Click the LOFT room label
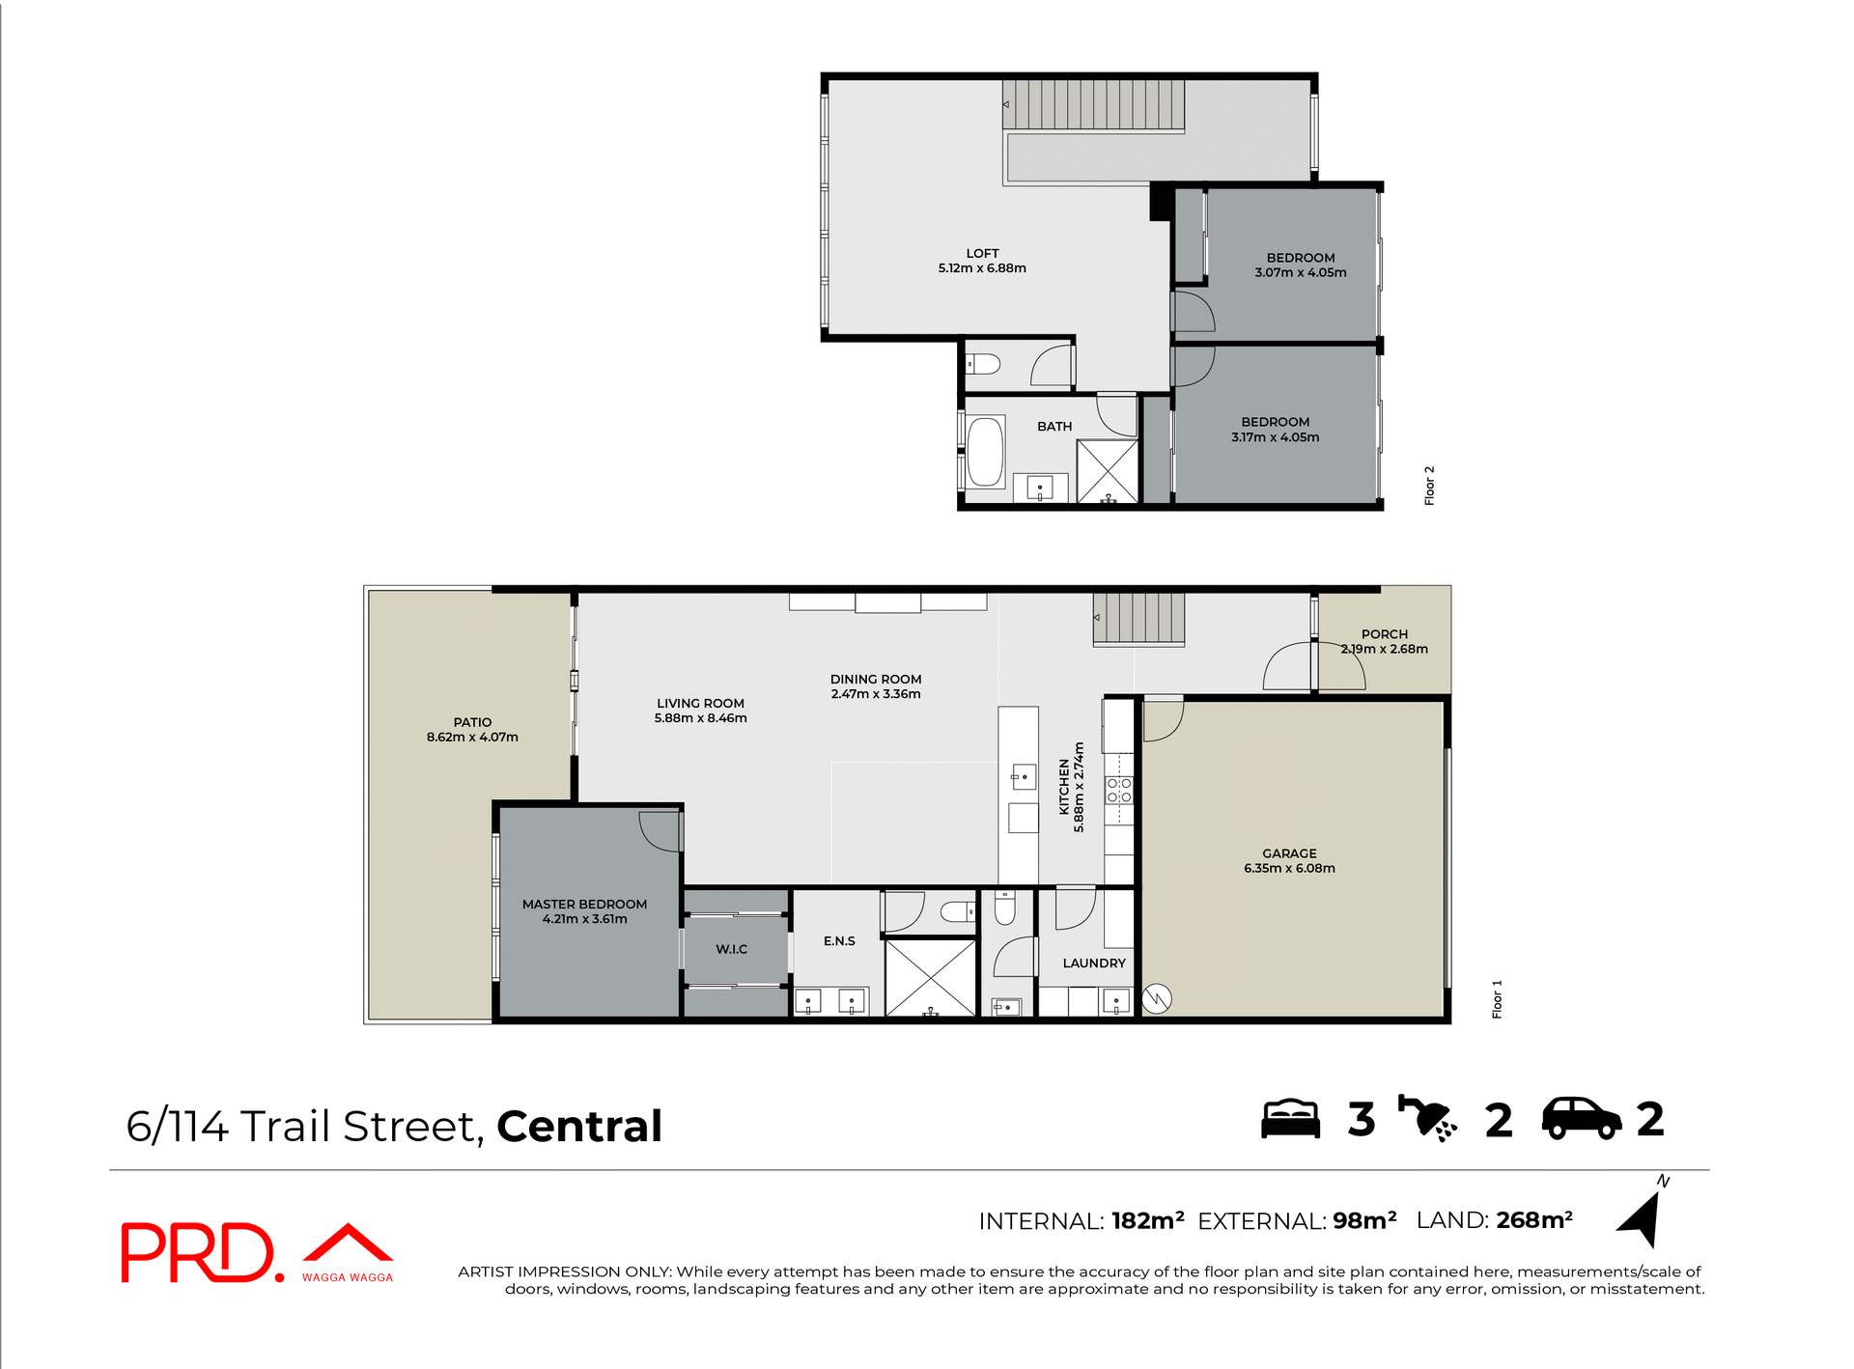(x=982, y=253)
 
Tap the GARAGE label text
(x=1289, y=853)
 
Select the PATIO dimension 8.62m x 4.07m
(x=472, y=738)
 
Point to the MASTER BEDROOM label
(x=584, y=905)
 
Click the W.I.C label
(x=731, y=950)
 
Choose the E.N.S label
(x=839, y=941)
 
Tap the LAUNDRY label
(x=1094, y=964)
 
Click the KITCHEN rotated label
(x=1064, y=787)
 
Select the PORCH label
(x=1384, y=634)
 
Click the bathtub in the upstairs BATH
(x=985, y=451)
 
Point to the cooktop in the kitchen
(x=1118, y=791)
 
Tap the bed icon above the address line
(x=1290, y=1119)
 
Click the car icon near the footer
(x=1581, y=1119)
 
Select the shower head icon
(x=1427, y=1119)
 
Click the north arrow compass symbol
(x=1642, y=1218)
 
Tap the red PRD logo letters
(x=198, y=1252)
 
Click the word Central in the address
(x=579, y=1127)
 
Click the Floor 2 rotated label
(x=1429, y=486)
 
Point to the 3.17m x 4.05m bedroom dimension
(x=1275, y=437)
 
